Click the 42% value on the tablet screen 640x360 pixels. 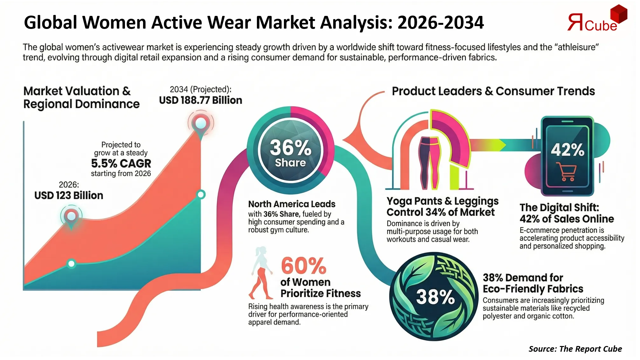568,149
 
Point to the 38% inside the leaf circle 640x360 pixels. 435,297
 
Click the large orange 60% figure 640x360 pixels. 304,266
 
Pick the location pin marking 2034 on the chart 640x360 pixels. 201,123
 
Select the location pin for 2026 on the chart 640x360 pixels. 71,217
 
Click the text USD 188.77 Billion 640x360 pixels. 201,100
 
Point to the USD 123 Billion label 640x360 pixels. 69,195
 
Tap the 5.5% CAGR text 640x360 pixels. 121,163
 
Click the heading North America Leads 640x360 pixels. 292,204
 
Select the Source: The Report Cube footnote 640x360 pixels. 575,349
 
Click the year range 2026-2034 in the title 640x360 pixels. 441,22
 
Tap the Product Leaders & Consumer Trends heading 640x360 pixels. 493,91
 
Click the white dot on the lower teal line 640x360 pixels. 72,264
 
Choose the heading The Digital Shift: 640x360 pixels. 559,207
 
